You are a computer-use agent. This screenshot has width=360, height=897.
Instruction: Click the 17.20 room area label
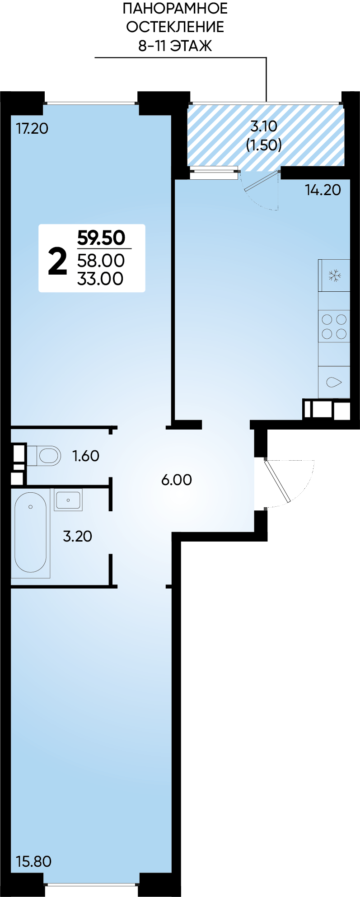(x=32, y=129)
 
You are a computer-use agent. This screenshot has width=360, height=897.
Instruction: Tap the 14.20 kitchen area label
(x=323, y=190)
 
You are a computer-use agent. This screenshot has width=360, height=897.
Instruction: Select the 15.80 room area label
(x=33, y=861)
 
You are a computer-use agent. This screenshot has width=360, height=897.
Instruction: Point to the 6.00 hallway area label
(x=177, y=480)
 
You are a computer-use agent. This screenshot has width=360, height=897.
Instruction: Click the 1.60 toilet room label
(x=86, y=456)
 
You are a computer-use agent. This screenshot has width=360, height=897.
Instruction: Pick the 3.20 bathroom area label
(x=77, y=536)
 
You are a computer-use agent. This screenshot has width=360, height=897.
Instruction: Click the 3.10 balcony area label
(x=264, y=126)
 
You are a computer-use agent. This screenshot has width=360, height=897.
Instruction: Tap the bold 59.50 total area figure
(x=101, y=238)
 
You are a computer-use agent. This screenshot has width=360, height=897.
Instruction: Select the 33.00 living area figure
(x=100, y=279)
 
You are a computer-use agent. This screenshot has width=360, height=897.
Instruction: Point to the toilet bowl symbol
(x=44, y=456)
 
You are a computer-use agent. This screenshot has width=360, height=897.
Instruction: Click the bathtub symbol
(x=30, y=533)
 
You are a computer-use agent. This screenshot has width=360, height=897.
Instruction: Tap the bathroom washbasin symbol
(x=68, y=500)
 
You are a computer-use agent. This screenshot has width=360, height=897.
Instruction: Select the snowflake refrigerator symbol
(x=334, y=276)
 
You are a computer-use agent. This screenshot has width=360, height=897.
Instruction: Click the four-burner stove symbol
(x=334, y=327)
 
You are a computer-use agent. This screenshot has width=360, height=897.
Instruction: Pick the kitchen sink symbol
(x=334, y=382)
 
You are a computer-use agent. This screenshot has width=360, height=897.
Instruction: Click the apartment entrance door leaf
(x=277, y=481)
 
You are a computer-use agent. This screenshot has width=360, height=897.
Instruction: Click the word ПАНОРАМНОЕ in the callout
(x=175, y=8)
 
